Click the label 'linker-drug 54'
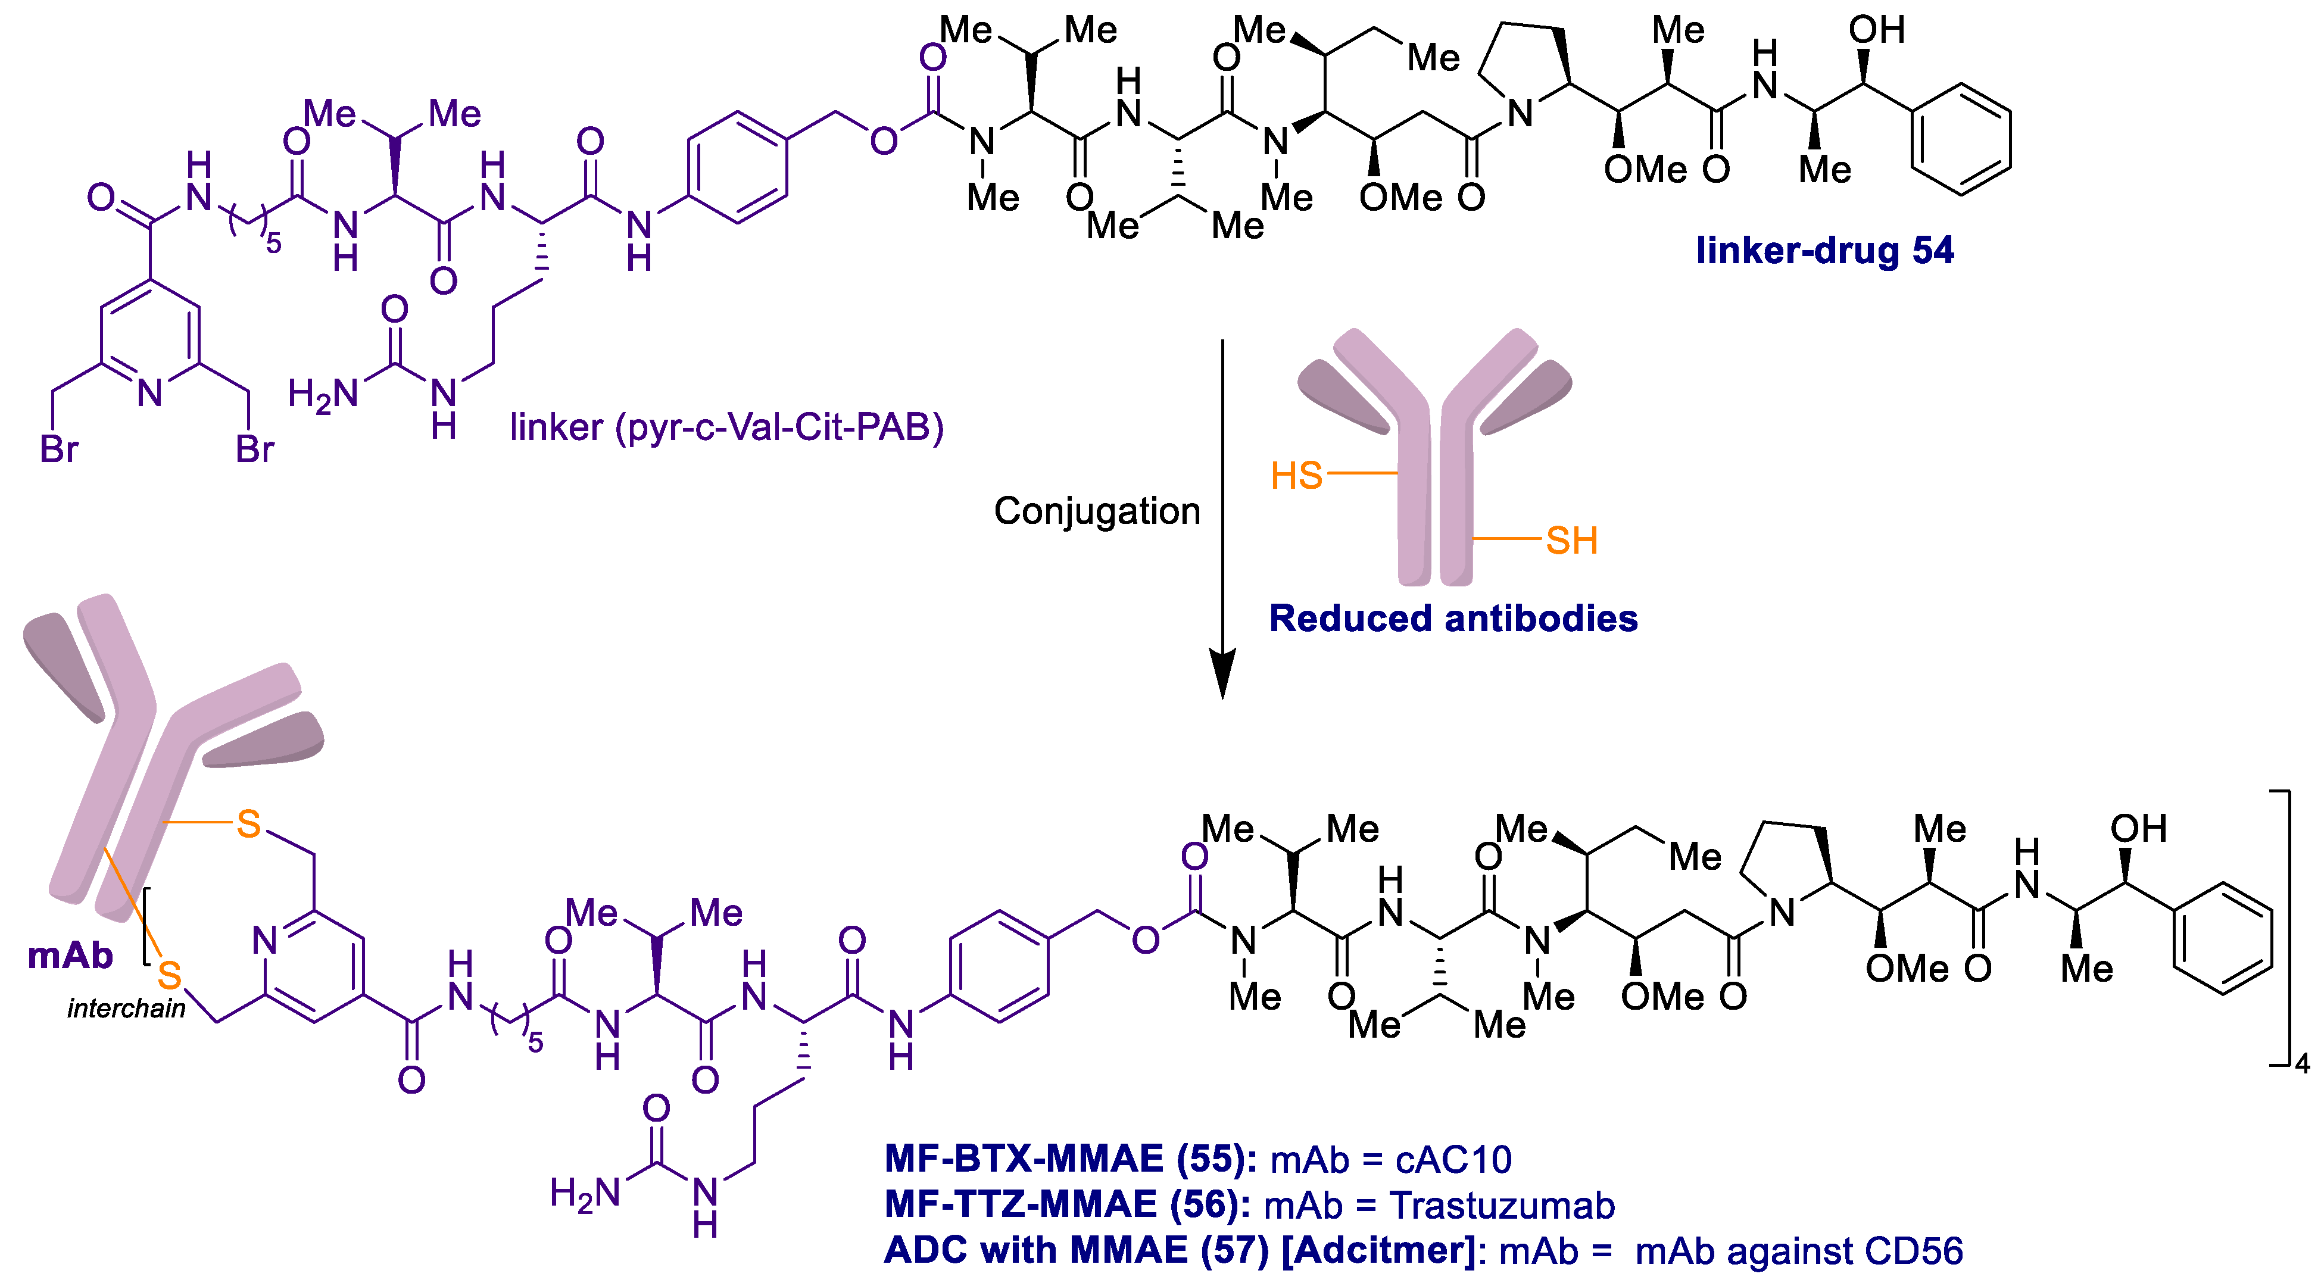click(x=1824, y=251)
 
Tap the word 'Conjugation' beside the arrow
click(x=1097, y=511)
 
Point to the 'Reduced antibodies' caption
click(x=1452, y=619)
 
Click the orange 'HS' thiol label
click(x=1296, y=475)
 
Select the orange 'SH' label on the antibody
click(x=1571, y=541)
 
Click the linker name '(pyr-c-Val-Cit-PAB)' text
click(x=779, y=427)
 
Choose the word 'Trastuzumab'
click(x=1502, y=1206)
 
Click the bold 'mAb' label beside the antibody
click(x=70, y=955)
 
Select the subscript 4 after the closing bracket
click(x=2302, y=1064)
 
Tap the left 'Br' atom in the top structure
click(x=60, y=449)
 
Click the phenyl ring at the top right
click(x=1961, y=140)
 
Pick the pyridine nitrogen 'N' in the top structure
click(x=151, y=393)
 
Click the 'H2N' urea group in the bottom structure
click(x=585, y=1195)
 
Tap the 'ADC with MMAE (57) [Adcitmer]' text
click(x=1178, y=1251)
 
